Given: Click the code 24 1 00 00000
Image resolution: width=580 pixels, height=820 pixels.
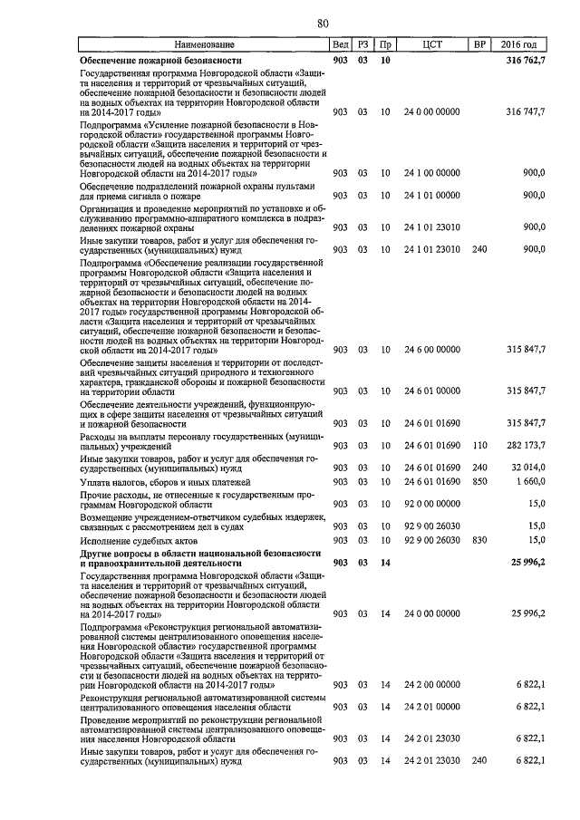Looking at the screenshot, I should (x=431, y=172).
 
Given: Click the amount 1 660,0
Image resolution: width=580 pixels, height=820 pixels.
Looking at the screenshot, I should (x=530, y=482).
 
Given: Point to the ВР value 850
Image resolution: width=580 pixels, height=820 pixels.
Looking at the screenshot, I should (x=479, y=482).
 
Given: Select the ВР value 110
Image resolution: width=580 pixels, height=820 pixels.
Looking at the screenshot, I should (x=479, y=447).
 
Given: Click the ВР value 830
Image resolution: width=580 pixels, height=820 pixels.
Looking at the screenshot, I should (x=479, y=540).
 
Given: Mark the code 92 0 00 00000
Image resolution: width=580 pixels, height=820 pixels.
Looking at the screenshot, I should (x=431, y=503).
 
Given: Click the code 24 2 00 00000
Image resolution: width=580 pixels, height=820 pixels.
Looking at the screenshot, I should (x=431, y=685).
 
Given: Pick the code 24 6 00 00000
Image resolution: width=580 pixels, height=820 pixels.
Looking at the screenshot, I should (x=431, y=349).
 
